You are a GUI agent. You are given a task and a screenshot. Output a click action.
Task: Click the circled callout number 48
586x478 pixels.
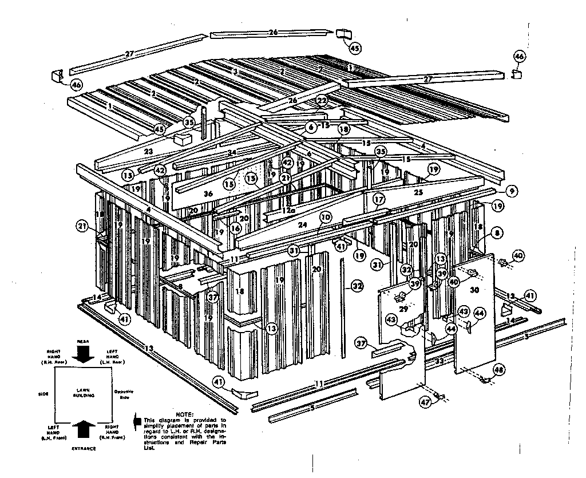pos(498,369)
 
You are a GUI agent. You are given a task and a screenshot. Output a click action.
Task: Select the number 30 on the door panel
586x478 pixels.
pos(474,290)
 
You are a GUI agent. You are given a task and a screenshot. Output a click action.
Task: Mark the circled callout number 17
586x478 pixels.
pos(379,200)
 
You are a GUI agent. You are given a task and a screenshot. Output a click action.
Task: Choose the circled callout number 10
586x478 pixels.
pos(325,217)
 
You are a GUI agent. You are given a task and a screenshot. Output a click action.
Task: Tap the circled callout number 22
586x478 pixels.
pos(322,101)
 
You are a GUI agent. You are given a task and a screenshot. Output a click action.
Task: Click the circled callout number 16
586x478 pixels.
pos(235,228)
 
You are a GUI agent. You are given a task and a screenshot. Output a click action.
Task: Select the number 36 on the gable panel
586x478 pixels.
pos(208,194)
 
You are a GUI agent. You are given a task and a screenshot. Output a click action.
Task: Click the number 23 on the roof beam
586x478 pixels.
pos(148,152)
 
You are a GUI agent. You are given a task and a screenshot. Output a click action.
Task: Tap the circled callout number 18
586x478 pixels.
pos(343,129)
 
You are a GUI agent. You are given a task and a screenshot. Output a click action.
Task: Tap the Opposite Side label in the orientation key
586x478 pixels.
pos(123,394)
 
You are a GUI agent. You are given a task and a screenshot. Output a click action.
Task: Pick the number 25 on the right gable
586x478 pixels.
pos(418,193)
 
